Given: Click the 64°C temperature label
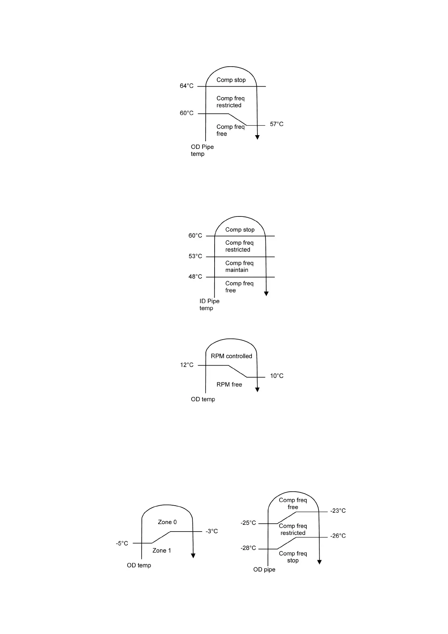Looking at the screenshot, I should click(x=186, y=86).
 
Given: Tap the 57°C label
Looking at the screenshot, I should click(x=277, y=124).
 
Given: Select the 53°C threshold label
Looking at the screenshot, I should click(x=195, y=256).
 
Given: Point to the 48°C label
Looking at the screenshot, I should click(x=195, y=276).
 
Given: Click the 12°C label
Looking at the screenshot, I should click(x=186, y=365).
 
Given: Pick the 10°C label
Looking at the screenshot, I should click(x=277, y=376).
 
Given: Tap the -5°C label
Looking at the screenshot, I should click(x=122, y=543).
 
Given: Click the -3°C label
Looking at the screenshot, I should click(x=212, y=531).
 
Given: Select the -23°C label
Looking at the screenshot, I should click(x=338, y=511).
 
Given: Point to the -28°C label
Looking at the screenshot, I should click(x=248, y=548).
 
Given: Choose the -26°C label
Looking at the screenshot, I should click(x=338, y=536).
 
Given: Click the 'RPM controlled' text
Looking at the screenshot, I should click(x=231, y=356).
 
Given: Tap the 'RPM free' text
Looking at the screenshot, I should click(x=229, y=384).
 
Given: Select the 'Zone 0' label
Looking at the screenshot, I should click(x=167, y=522).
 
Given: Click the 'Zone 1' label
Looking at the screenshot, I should click(x=162, y=550).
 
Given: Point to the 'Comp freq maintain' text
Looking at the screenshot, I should click(x=239, y=266).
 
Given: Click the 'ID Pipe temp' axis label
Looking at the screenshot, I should click(x=209, y=305).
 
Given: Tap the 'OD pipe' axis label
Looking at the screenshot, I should click(x=264, y=569).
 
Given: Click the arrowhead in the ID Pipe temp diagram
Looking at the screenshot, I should click(x=266, y=294).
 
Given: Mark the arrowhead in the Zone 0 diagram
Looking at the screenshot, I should click(x=193, y=556).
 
